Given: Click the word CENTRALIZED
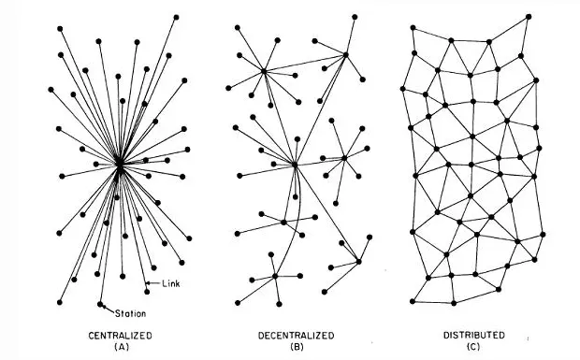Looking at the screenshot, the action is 121,336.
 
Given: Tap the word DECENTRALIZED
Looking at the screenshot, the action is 296,336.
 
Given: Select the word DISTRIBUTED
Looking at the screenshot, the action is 474,336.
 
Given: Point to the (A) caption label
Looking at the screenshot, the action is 121,347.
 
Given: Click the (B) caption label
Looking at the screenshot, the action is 297,347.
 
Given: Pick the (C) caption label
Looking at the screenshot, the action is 473,347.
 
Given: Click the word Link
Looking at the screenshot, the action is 171,283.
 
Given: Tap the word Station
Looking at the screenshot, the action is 130,314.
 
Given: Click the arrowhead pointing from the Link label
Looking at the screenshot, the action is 148,283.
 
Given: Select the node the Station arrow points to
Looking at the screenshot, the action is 100,304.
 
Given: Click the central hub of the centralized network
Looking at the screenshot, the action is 120,164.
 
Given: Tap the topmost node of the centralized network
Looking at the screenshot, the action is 176,18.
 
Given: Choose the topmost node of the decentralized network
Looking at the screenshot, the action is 355,17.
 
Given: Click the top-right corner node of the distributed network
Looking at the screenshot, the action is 529,17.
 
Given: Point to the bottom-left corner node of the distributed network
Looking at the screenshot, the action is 413,302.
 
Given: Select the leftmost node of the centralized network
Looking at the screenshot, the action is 51,90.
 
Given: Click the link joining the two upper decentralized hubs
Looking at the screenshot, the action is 305,63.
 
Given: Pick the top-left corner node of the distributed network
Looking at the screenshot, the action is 413,28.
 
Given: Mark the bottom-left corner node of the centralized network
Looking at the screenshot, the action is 60,302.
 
